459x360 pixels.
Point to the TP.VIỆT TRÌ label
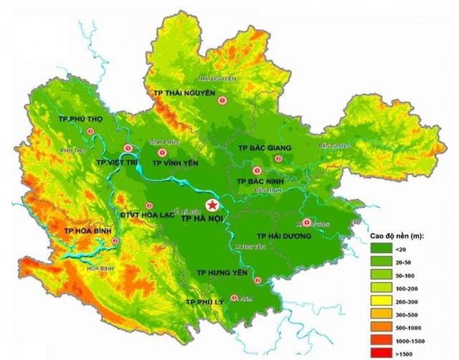click(x=116, y=164)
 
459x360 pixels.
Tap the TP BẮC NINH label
click(x=261, y=182)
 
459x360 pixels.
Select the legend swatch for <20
click(x=380, y=249)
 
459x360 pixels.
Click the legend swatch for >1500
click(x=380, y=352)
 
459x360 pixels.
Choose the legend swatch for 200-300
click(x=380, y=300)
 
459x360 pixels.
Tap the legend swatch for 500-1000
click(x=380, y=326)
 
